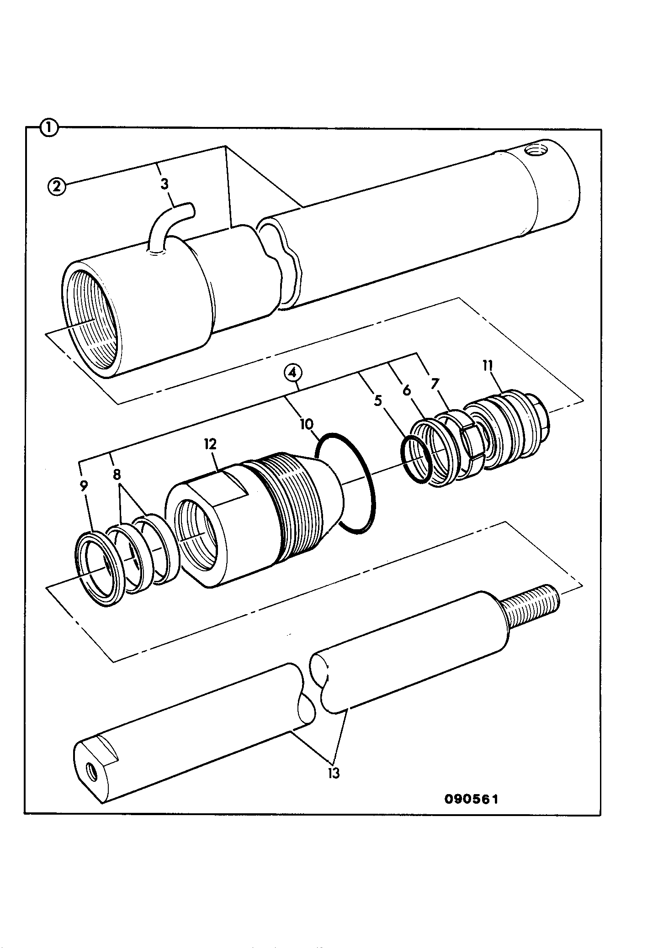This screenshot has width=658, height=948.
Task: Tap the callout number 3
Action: point(164,184)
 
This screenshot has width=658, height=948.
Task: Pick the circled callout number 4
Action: point(293,373)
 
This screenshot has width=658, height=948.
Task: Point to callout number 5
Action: point(377,401)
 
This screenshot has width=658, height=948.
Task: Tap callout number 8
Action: point(117,474)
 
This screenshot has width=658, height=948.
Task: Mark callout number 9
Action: point(84,486)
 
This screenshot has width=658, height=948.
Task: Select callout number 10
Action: point(307,424)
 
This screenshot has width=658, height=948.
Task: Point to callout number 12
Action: point(211,444)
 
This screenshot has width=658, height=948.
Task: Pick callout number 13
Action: point(334,774)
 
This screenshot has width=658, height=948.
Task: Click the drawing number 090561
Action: point(471,799)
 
